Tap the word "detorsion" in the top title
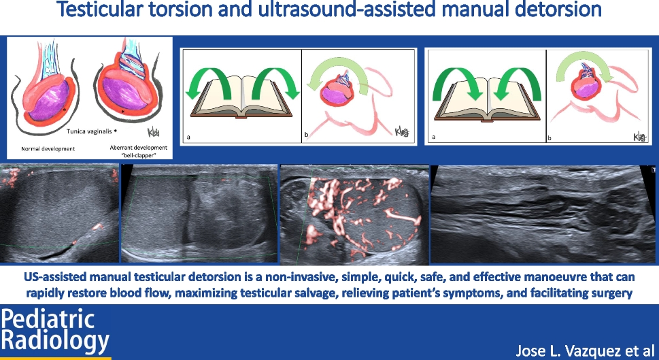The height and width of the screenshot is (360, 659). click(x=558, y=9)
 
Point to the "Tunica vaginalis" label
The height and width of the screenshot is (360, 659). click(x=89, y=131)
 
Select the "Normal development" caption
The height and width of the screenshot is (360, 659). click(x=48, y=148)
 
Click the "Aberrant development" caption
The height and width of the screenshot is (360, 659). click(x=138, y=148)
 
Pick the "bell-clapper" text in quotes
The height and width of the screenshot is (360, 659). click(x=139, y=156)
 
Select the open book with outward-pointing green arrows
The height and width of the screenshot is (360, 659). click(x=241, y=97)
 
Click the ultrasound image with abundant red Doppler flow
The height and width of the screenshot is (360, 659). click(x=354, y=214)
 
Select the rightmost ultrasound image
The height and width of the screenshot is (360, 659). click(x=543, y=214)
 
